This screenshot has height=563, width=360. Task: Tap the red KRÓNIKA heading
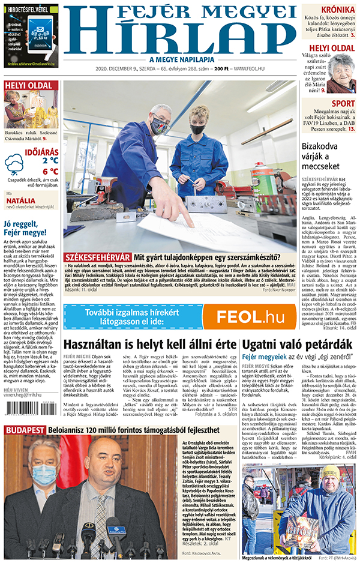(x=337, y=10)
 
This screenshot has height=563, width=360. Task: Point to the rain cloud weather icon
(x=14, y=164)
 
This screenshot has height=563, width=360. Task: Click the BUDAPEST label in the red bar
(x=24, y=430)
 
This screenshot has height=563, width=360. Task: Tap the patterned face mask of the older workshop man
(x=159, y=125)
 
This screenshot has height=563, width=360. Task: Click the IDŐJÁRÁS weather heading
(x=41, y=152)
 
